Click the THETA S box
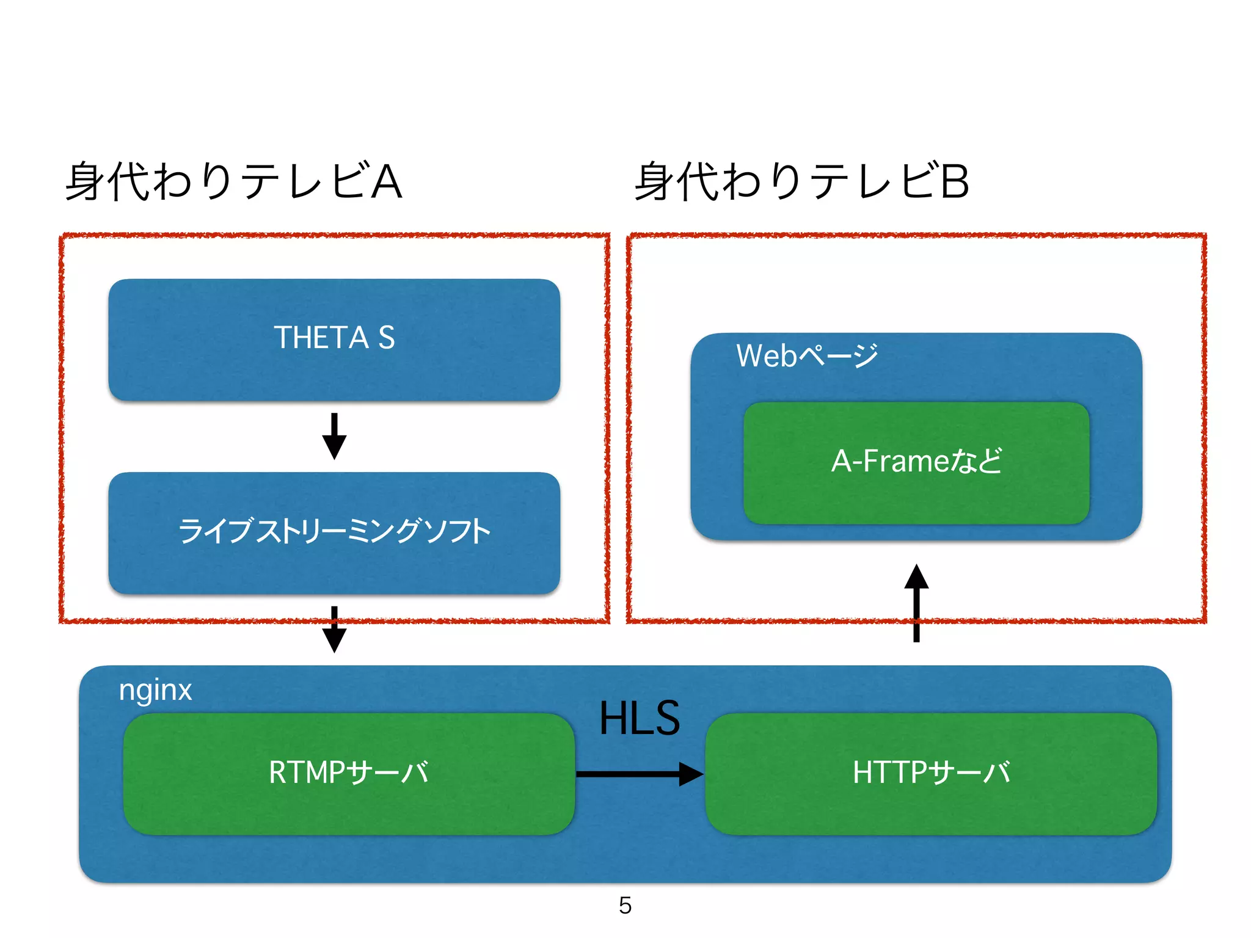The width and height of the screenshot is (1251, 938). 334,366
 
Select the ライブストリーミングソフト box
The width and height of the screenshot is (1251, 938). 334,556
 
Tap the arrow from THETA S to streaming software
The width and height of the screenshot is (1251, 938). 334,436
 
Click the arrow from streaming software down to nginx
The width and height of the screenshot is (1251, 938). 334,629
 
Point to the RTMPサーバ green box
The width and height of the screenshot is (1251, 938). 349,800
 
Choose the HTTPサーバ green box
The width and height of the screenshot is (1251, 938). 931,800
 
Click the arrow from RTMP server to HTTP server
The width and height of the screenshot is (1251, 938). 639,774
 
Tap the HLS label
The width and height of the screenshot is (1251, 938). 639,718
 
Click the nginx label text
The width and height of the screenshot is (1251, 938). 155,691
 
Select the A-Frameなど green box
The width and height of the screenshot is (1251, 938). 916,489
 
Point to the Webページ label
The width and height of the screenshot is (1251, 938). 807,355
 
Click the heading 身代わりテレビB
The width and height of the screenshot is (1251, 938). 801,181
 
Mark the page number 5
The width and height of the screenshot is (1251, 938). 625,905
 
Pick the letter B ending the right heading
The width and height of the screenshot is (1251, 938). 954,181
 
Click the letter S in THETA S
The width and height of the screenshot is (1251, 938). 386,338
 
